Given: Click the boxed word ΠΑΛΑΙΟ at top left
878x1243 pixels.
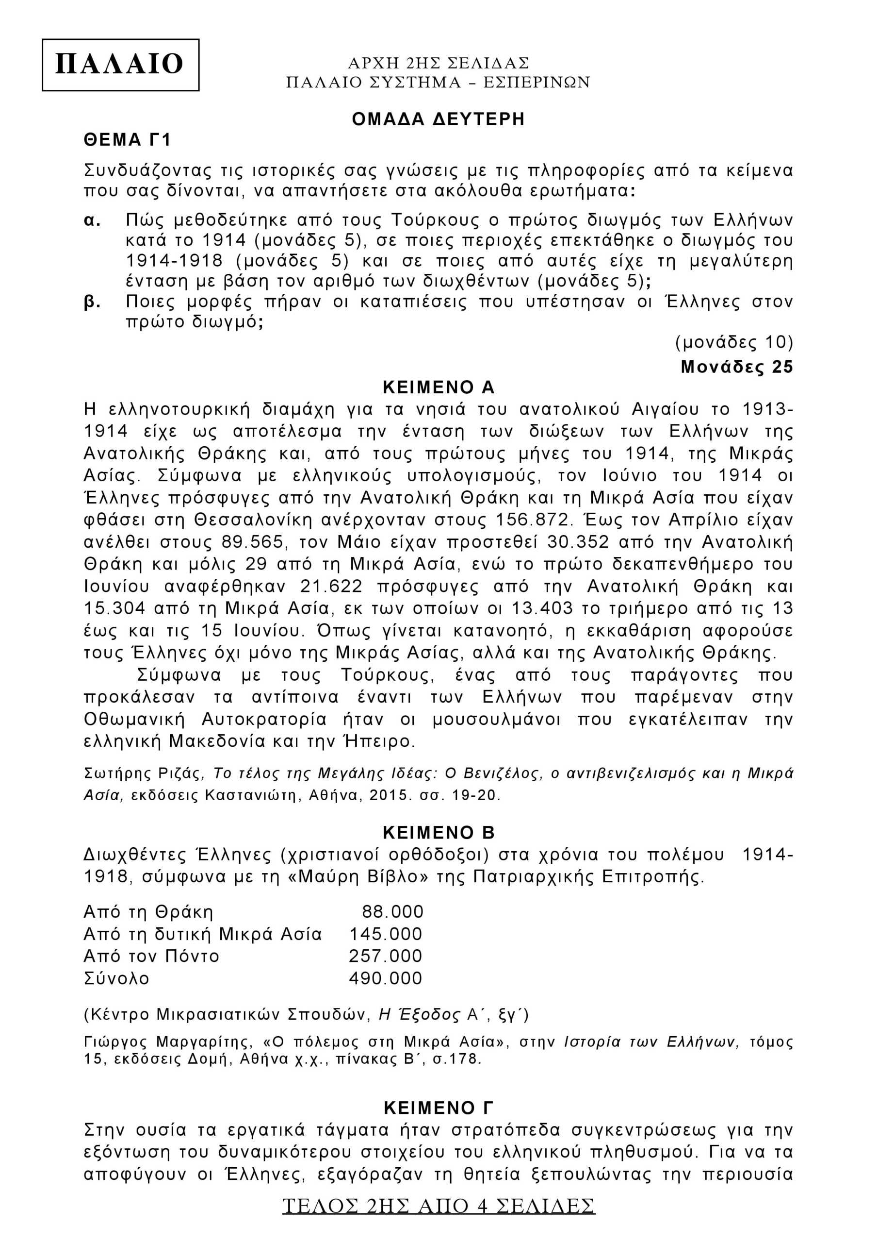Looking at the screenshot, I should click(120, 65).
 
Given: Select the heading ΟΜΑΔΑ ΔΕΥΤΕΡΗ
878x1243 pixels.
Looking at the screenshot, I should click(438, 119).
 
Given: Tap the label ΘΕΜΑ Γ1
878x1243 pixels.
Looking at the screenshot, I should click(128, 140).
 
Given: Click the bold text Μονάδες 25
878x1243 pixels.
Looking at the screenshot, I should click(736, 367).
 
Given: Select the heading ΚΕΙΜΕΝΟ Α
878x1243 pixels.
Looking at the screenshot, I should click(438, 387).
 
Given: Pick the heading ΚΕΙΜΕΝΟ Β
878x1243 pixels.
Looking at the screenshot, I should click(438, 832).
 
